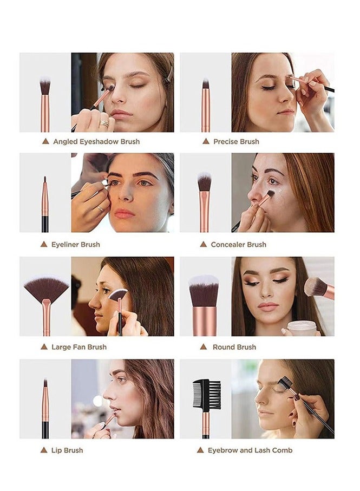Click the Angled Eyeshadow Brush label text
(x=96, y=141)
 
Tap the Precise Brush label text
(x=236, y=141)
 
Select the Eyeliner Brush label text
(x=75, y=244)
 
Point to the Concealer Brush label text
(x=238, y=244)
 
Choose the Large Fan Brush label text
(x=79, y=347)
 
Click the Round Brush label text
(x=234, y=347)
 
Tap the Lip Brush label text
(x=67, y=450)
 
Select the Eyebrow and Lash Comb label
(x=250, y=450)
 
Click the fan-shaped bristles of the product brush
(x=46, y=289)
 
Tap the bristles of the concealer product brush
(x=204, y=182)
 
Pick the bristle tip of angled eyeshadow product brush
(x=45, y=86)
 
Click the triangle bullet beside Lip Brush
(x=44, y=450)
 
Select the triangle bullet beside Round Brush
(x=203, y=347)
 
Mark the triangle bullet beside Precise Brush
(x=206, y=141)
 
